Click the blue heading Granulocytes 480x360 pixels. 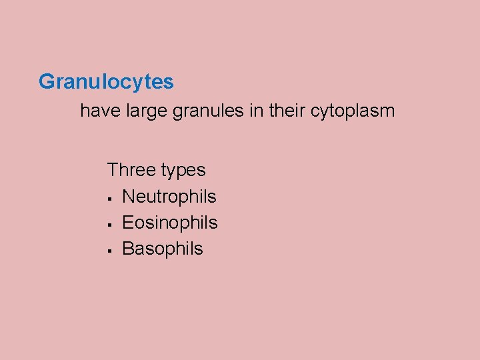[106, 82]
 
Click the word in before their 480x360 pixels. [256, 111]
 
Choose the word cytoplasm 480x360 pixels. [353, 111]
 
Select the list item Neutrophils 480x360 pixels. [169, 197]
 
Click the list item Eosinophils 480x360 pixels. [170, 223]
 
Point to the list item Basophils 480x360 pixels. [163, 249]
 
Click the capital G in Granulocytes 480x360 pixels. [47, 82]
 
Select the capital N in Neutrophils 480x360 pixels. [129, 197]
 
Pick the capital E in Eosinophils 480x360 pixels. [129, 223]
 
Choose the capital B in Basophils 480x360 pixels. [129, 249]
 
